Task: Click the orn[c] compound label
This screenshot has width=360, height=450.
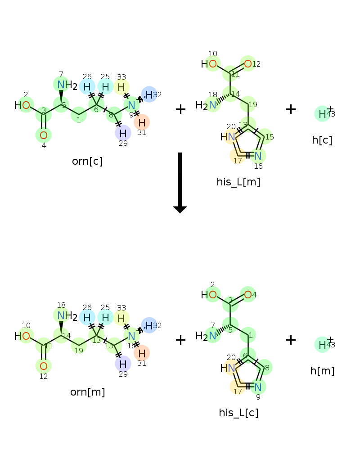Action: [87, 161]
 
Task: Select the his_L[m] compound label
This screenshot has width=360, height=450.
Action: [238, 182]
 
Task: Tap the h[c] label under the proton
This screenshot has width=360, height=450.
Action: [322, 140]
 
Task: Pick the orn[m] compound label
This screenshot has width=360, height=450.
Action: [88, 392]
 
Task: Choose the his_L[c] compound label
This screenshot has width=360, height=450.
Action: [238, 413]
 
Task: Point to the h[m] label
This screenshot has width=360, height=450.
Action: [322, 371]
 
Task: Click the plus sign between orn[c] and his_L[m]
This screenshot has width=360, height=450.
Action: [180, 109]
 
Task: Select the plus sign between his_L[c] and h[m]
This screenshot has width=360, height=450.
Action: [291, 340]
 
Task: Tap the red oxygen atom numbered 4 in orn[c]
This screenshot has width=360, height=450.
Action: [43, 135]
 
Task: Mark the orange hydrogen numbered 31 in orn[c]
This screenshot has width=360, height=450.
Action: [142, 122]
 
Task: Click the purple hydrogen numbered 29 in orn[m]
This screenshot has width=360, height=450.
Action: [123, 363]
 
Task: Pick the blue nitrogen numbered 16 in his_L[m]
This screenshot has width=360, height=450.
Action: [258, 156]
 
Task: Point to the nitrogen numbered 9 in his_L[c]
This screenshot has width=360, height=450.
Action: [258, 387]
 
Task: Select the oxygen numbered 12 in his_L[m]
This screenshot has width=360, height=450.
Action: [247, 64]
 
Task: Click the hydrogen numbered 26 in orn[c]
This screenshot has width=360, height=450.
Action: [87, 86]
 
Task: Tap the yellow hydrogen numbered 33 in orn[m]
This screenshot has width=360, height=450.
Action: [121, 318]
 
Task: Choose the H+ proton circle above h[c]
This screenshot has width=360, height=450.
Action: [322, 114]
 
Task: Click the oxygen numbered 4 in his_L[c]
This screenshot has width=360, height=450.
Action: [247, 295]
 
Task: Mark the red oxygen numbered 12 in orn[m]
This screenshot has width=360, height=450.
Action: [43, 366]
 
